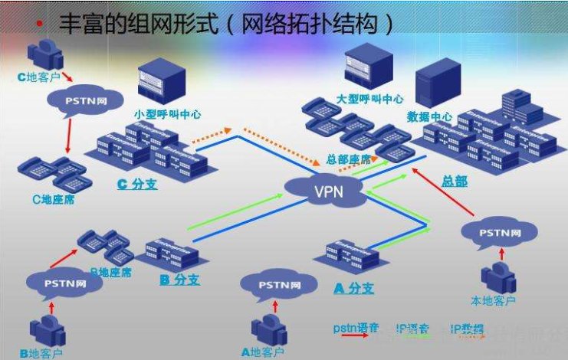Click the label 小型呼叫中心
(x=167, y=113)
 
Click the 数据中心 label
(x=430, y=117)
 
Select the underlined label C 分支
(x=137, y=184)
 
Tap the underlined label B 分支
(x=179, y=280)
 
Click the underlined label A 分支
(x=354, y=288)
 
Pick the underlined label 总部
(x=453, y=182)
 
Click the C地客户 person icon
(x=41, y=54)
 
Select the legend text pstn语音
(x=356, y=328)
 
